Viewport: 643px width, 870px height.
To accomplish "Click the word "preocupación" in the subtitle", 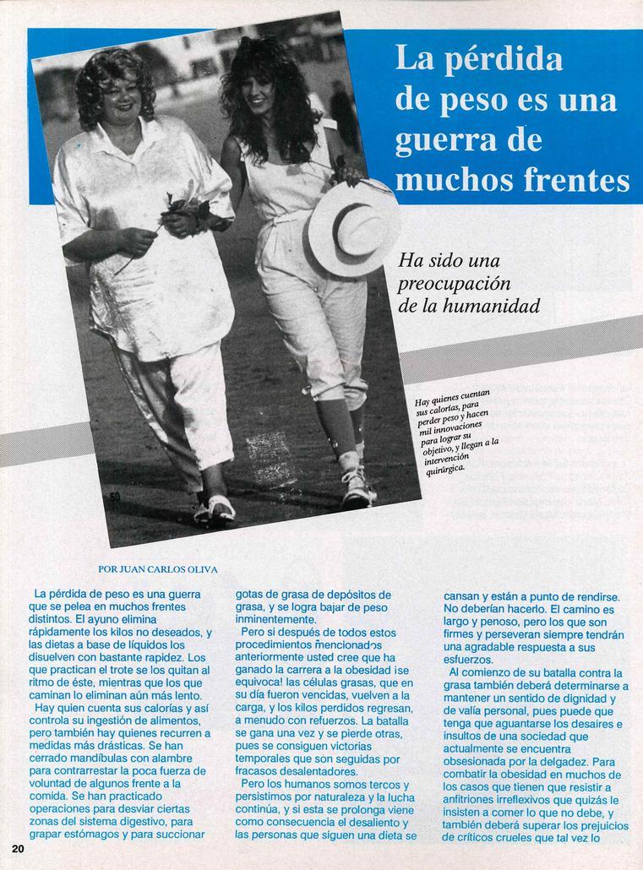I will click(x=454, y=284).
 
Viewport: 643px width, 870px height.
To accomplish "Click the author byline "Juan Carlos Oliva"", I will click(x=158, y=569).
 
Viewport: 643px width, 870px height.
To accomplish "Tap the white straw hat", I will click(x=350, y=226).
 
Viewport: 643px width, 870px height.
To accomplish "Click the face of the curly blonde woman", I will click(x=121, y=94).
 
